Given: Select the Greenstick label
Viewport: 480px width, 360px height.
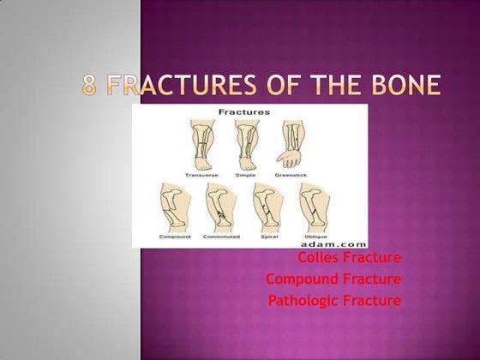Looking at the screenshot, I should coord(291,174).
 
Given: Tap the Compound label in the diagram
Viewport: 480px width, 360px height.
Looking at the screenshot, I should coord(175,236).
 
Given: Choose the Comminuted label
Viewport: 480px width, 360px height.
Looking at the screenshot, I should coord(221,236).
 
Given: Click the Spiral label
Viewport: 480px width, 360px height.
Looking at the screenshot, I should coord(267,236).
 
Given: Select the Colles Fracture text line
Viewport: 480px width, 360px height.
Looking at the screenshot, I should coord(350,258).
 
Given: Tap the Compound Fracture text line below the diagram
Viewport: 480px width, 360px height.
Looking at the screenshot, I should coord(333,279).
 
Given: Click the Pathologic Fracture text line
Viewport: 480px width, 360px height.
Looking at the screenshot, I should coord(334,301).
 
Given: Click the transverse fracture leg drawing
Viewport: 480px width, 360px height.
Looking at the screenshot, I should coord(202,143).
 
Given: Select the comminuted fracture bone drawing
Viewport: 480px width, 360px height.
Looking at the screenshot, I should coord(220,206).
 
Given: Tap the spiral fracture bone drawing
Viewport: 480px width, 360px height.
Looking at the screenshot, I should coord(266,206).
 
